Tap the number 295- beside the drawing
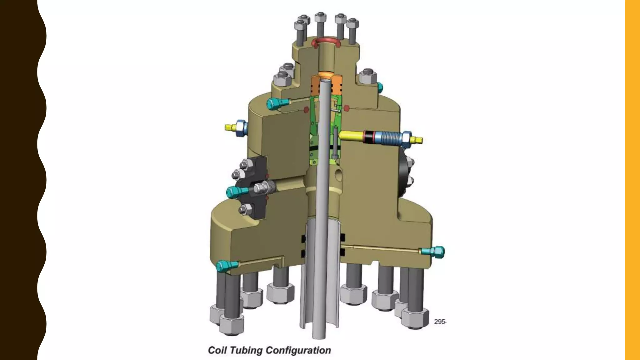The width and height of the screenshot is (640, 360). tap(440, 322)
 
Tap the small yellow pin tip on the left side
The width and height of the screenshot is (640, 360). tap(230, 127)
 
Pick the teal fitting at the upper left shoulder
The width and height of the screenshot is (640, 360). tap(275, 103)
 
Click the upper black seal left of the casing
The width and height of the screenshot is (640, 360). tap(303, 238)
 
